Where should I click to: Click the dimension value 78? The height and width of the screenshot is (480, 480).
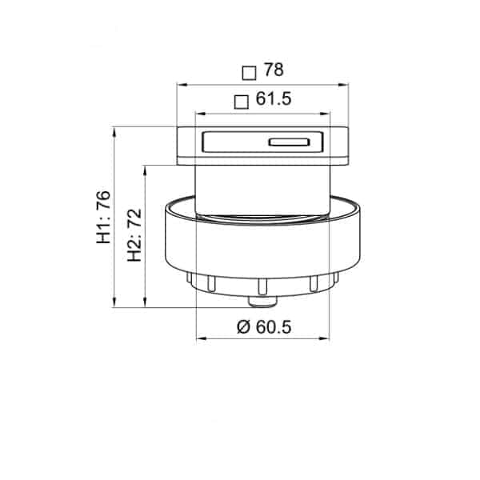[x=274, y=70]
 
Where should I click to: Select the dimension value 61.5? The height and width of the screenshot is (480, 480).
[x=274, y=99]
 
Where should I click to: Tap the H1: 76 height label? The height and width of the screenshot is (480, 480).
[x=103, y=217]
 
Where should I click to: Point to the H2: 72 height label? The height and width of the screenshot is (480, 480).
[x=134, y=235]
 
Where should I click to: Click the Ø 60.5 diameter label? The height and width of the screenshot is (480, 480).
[x=264, y=327]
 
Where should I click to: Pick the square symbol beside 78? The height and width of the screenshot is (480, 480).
[x=249, y=73]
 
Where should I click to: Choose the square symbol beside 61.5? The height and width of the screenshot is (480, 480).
[x=242, y=102]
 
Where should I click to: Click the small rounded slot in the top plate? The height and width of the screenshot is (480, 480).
[x=290, y=142]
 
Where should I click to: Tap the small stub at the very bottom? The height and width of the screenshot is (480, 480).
[x=262, y=302]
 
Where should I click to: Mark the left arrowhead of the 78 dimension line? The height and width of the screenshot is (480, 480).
[x=182, y=86]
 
